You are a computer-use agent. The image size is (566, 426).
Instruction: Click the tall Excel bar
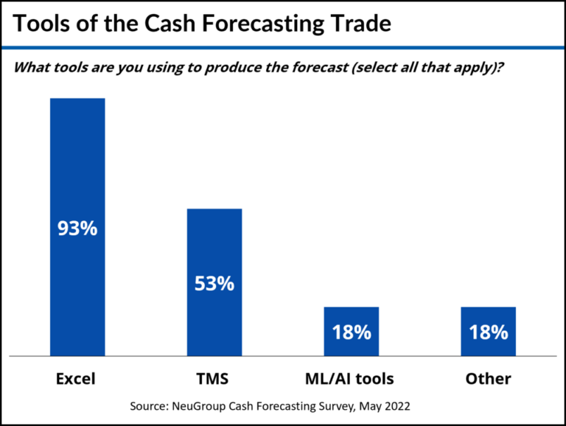tap(77, 162)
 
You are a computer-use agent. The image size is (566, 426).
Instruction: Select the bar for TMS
tap(214, 243)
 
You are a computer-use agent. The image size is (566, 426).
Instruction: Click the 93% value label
tap(77, 228)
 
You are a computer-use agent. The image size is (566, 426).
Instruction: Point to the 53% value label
tap(214, 283)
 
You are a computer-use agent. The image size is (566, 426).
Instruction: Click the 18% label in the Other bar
tap(488, 332)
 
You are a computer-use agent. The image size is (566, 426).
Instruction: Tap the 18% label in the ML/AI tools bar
tap(351, 332)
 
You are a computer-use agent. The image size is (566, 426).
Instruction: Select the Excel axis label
tap(77, 379)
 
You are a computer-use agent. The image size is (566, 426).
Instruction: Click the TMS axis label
tap(214, 379)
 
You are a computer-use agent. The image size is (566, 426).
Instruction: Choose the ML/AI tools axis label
tap(351, 379)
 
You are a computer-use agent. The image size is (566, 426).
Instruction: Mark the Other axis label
tap(488, 379)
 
